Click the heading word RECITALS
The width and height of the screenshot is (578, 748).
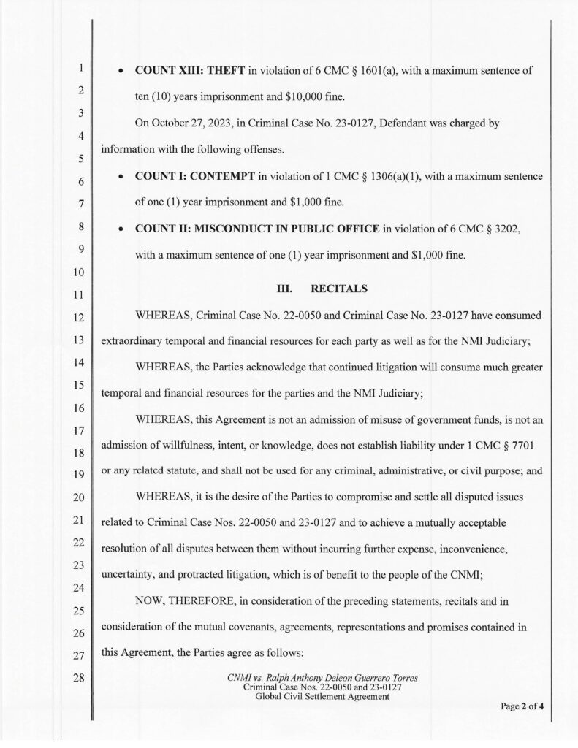[x=339, y=289]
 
